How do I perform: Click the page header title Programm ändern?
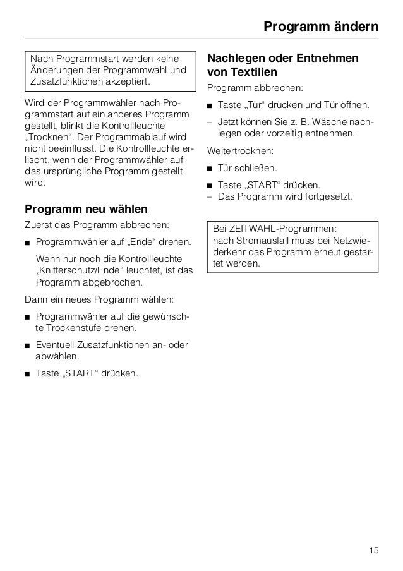coord(320,27)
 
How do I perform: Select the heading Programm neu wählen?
coord(86,208)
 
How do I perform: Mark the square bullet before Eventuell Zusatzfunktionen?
coord(27,345)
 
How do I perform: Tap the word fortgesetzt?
coord(329,196)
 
